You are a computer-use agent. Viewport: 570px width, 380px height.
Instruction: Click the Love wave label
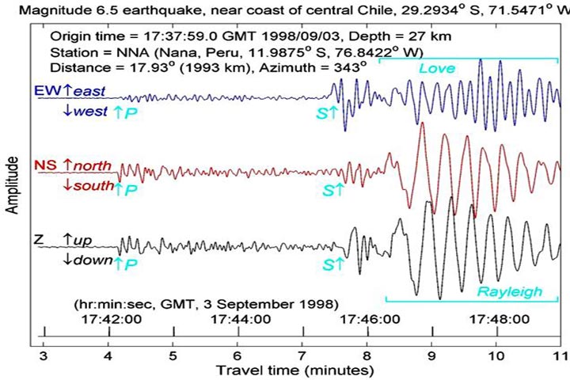(x=437, y=69)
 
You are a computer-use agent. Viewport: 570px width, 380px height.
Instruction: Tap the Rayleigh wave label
(x=510, y=292)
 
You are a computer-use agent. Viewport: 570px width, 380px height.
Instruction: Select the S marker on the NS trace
(x=332, y=190)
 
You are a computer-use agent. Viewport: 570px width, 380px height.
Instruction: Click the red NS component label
(x=44, y=165)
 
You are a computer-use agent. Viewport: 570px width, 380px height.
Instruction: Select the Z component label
(x=40, y=239)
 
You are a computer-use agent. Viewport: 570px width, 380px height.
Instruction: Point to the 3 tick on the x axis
(x=44, y=355)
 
